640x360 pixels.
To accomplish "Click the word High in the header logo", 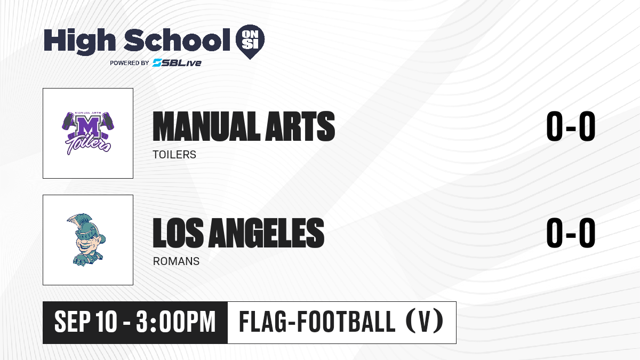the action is coord(79,41).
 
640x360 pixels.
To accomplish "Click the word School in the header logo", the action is coord(177,40).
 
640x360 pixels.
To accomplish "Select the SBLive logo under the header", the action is coord(177,63).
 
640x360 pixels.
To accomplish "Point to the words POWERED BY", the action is coord(130,63).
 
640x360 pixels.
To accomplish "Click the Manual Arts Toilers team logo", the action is coord(88,133).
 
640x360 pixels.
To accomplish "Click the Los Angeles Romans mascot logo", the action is coord(86,240).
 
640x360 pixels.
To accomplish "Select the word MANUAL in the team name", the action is coord(206,126).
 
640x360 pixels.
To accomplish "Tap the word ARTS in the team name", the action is coord(300,126).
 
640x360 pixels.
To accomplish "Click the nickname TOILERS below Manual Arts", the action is coord(174,155).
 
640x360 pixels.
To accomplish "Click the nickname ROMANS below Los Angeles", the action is coord(176,261).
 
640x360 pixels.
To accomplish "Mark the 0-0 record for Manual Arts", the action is coord(571,126).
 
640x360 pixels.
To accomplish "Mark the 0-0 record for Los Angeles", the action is coord(571,233).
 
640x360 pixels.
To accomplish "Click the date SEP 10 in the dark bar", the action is coord(86,322).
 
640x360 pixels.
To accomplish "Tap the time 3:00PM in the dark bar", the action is coord(175,322).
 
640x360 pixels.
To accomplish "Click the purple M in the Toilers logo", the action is coord(88,126).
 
